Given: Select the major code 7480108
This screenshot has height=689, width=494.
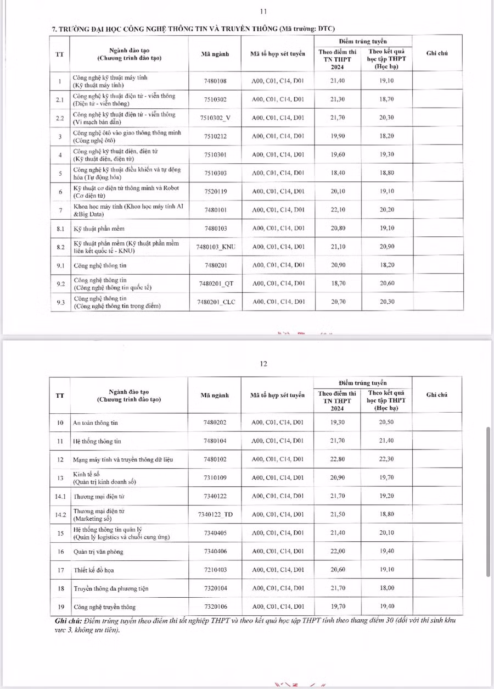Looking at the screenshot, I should coord(215,81).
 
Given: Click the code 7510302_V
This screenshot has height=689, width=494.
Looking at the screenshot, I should coord(215,118).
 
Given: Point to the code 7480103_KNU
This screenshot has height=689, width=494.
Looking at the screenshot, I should coord(215,247).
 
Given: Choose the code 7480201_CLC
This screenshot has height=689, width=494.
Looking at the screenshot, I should coord(215,302).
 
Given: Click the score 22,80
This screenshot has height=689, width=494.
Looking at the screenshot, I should coord(338,459).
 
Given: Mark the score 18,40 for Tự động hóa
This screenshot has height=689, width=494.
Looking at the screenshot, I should coord(338,173).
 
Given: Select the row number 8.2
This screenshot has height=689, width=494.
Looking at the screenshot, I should coord(60,247).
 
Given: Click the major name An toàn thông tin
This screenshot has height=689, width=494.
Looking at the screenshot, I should coord(96,423).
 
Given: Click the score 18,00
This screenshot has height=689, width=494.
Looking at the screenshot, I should coord(386,588).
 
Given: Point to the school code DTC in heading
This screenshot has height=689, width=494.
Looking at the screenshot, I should coord(325,29).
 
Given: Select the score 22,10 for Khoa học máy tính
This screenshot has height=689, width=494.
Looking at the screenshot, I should coord(338,210).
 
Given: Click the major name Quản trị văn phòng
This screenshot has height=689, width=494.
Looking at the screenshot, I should coord(98,551).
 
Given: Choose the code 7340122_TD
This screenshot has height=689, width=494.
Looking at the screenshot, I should coord(215,514).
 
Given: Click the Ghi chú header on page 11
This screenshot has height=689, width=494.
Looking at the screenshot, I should coord(437,53).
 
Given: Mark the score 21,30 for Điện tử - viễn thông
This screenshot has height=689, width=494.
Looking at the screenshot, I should coord(338,99).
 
